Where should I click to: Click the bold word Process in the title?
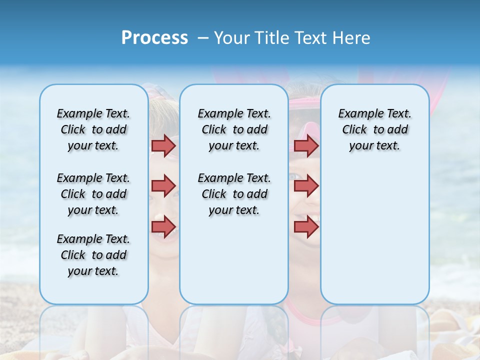point(154,38)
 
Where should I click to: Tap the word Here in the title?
point(352,38)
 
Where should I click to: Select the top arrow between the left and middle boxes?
point(163,145)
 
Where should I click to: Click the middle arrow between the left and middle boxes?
point(163,186)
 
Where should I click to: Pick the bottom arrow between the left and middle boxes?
point(163,226)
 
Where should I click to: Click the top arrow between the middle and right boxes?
point(306,145)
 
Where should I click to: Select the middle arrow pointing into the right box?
point(306,186)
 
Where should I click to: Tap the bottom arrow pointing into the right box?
point(306,226)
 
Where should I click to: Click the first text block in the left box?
point(93,129)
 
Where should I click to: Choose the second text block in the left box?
point(93,194)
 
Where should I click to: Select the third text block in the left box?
point(93,255)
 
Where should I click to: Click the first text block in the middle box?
point(234,129)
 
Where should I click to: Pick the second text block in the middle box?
point(234,194)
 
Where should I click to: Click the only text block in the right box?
point(374,129)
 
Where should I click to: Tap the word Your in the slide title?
point(231,38)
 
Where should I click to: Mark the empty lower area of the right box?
point(374,235)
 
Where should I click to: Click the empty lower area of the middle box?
point(234,260)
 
